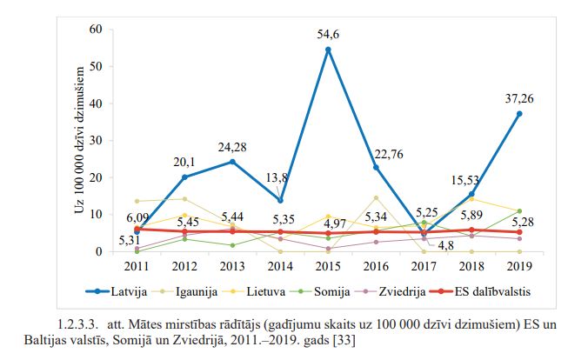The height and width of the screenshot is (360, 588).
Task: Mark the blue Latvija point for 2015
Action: click(x=328, y=50)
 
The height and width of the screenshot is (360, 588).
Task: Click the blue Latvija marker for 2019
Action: click(x=519, y=114)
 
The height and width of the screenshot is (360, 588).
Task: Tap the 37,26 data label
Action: click(x=519, y=98)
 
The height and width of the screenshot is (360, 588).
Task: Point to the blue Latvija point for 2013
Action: click(x=232, y=162)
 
